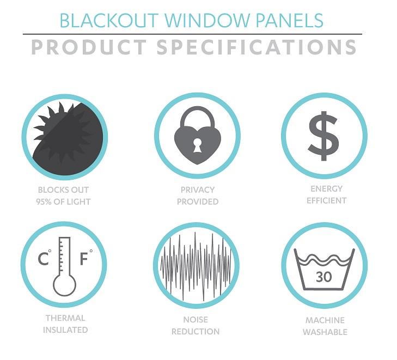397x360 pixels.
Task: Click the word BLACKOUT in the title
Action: click(x=103, y=21)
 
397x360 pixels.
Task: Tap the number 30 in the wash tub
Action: click(x=323, y=277)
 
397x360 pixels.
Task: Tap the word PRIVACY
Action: click(x=198, y=190)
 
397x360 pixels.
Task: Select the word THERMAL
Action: click(x=65, y=318)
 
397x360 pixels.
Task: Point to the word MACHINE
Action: click(x=325, y=320)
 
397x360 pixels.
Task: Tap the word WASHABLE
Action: click(x=325, y=332)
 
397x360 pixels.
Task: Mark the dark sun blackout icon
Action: click(x=64, y=135)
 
